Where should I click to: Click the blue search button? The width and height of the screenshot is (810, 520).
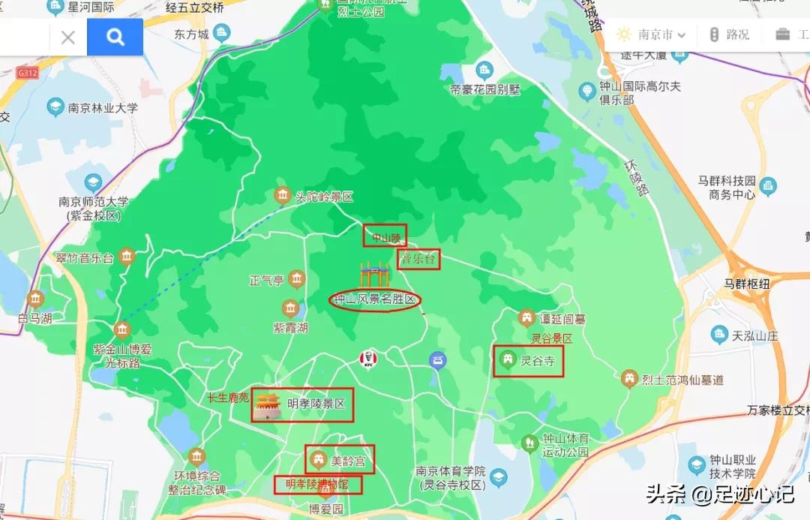[115, 37]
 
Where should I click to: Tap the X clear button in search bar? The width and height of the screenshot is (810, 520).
[67, 37]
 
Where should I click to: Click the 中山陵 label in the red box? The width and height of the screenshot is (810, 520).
[385, 236]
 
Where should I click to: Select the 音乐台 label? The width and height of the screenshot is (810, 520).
[418, 260]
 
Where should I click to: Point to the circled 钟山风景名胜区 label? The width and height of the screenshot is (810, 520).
[375, 299]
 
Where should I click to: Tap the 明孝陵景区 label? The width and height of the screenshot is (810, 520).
[316, 404]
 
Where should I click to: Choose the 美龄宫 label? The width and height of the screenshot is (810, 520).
[348, 461]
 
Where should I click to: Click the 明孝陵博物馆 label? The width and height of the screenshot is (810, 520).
[317, 485]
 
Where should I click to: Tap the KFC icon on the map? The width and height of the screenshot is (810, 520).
[367, 359]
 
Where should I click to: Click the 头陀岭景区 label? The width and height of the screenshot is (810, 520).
[323, 197]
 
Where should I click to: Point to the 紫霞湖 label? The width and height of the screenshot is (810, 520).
[290, 328]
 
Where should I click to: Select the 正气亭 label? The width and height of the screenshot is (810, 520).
[267, 281]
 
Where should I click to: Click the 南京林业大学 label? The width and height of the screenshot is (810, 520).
[103, 108]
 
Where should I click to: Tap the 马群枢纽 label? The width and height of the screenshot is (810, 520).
[746, 284]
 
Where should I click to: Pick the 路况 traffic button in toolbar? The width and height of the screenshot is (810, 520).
[728, 35]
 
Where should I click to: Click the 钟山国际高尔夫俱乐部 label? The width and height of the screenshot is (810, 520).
[640, 93]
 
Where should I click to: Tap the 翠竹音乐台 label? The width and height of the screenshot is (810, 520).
[85, 258]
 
